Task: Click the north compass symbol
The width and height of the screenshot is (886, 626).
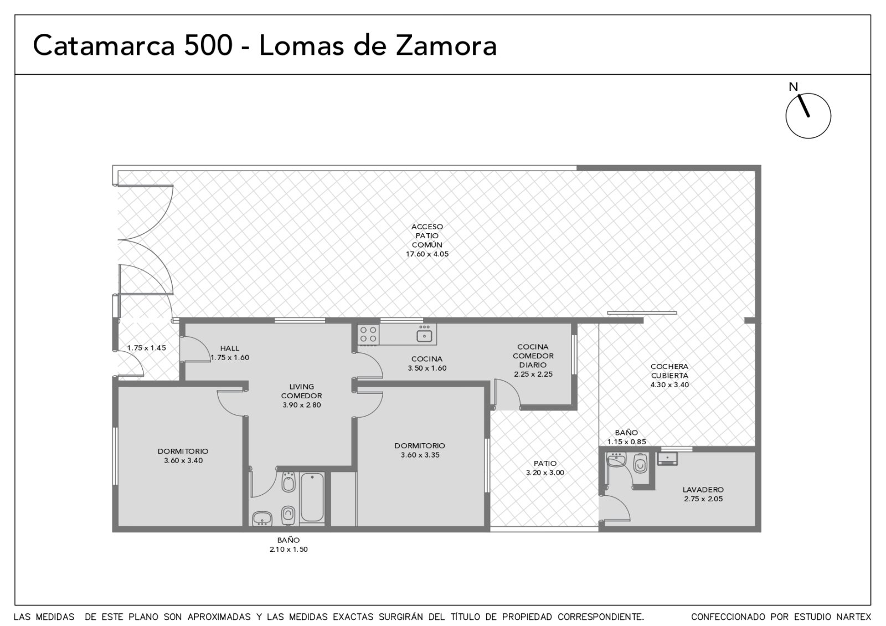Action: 808,116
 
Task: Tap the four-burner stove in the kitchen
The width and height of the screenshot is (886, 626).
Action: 368,335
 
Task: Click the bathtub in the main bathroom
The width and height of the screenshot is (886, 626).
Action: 312,498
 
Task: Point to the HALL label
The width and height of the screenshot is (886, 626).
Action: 230,348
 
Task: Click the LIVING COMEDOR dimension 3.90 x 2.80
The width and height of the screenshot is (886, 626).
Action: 301,405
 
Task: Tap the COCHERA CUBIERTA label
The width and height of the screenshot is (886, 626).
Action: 669,371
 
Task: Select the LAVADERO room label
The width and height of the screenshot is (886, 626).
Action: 703,490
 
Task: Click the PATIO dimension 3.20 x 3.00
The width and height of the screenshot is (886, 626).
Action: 545,473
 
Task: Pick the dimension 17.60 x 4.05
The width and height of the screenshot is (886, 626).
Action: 427,254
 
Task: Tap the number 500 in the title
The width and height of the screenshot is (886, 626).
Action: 208,45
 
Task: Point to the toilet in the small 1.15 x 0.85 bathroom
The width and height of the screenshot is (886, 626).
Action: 640,463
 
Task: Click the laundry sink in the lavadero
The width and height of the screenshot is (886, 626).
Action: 667,458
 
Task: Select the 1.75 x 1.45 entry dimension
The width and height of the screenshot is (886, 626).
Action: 146,348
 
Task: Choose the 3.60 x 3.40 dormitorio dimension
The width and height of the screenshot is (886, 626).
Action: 183,460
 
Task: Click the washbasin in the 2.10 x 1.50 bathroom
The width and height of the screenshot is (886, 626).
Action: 262,519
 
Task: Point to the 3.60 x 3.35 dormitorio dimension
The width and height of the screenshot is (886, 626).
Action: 420,455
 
